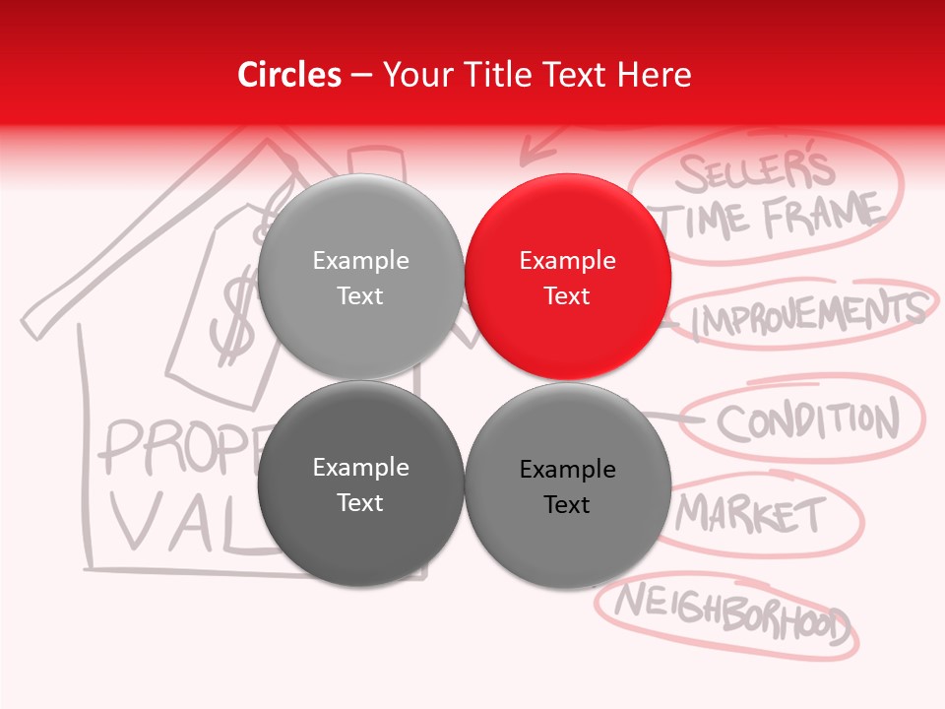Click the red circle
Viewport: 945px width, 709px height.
568,277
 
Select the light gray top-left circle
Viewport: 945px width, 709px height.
360,277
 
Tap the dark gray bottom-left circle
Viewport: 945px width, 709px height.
360,483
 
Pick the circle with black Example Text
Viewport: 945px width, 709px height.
568,485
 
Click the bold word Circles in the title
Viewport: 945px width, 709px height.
289,75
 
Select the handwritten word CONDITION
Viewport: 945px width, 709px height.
807,421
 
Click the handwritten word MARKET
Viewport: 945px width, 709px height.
753,514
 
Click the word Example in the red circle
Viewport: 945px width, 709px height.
568,260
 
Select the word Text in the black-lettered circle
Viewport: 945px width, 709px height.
567,504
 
